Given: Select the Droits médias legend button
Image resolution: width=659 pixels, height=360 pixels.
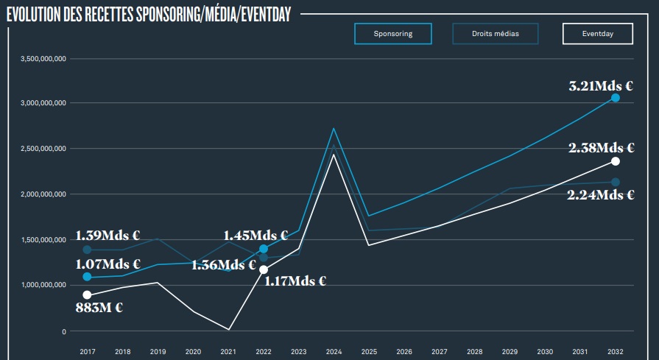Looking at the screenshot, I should pos(495,34).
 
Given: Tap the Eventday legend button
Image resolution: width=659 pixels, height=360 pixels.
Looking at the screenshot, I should pos(597,34).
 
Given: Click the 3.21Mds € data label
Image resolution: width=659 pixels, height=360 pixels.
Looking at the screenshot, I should pos(602,85).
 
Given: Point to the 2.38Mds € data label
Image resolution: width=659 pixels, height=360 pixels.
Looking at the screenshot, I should pos(602,148).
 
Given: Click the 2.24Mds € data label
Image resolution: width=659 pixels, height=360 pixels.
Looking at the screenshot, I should pos(602,194).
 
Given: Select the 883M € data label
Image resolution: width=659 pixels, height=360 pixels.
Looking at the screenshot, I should pos(99,308).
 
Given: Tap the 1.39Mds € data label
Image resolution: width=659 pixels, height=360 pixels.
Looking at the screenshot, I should pos(108,236).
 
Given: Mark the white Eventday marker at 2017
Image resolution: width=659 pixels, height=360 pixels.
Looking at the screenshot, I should pos(87,295).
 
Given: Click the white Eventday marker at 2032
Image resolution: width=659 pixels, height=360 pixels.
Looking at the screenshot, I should pos(616,161).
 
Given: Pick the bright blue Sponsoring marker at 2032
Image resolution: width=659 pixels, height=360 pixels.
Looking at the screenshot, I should pos(616,98).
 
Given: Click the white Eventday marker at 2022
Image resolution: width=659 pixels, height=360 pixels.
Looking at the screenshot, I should pos(264,269).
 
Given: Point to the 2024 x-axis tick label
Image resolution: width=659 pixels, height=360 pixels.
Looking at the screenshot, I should pos(334,351).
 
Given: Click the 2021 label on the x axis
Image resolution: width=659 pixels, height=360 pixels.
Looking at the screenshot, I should pos(228,351).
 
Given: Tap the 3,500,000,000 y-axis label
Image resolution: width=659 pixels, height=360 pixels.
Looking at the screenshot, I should pos(44,58).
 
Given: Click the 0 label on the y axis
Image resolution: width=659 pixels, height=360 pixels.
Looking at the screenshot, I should pos(64,331).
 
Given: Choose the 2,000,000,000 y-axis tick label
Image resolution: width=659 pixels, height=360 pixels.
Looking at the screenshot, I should pos(44,194).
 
